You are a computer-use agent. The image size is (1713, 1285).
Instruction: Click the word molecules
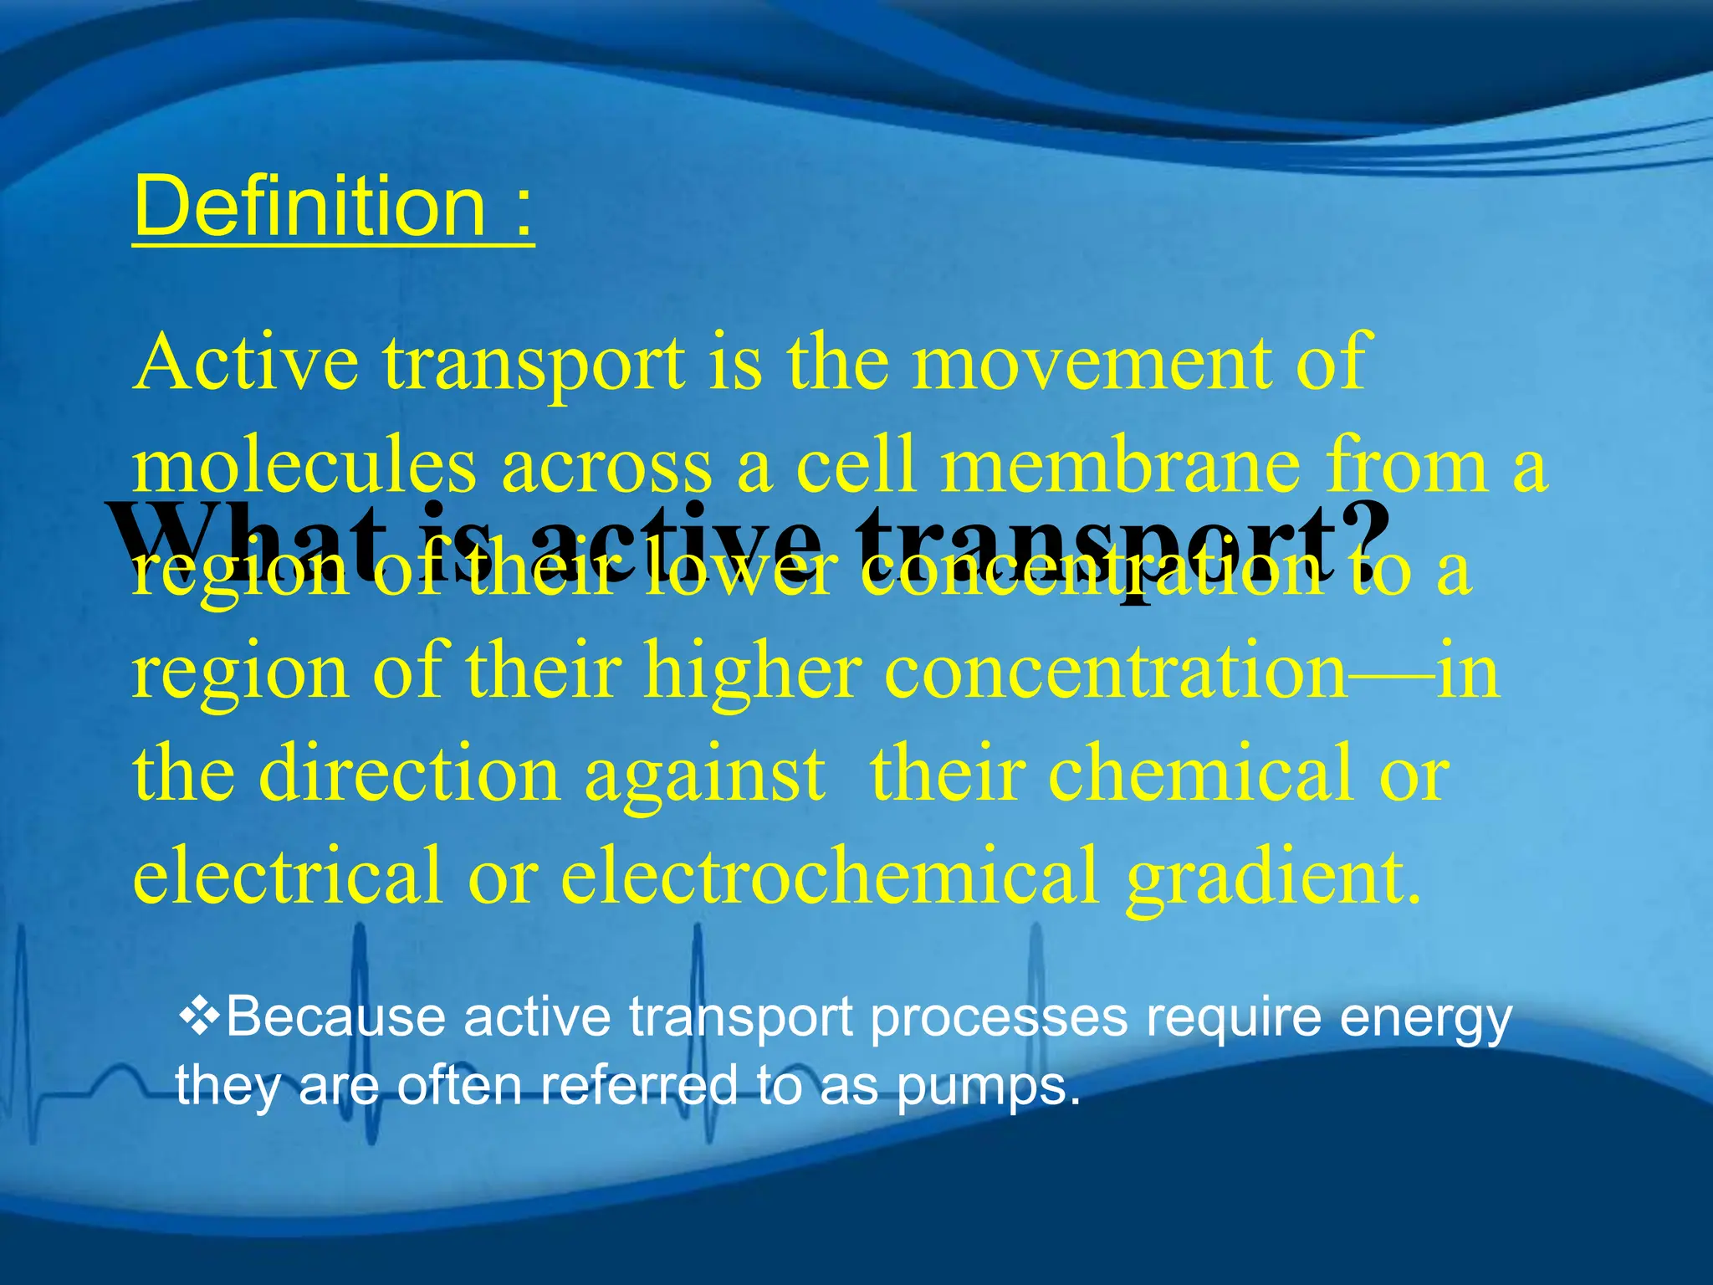click(x=304, y=465)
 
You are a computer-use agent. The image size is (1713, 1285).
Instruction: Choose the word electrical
click(x=287, y=875)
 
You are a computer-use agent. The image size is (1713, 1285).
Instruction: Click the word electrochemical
click(x=828, y=875)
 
